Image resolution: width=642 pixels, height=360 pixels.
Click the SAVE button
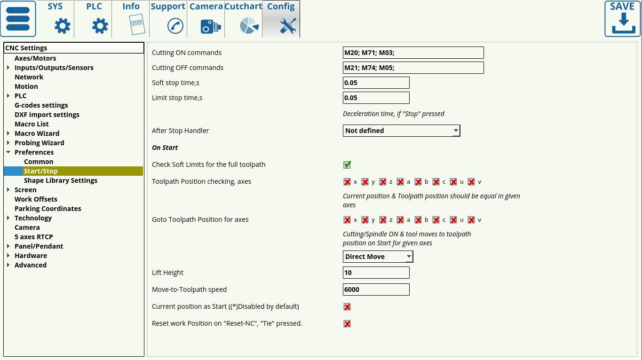point(622,19)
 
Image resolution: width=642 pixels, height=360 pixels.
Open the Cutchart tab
point(243,19)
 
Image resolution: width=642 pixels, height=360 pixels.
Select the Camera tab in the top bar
point(206,19)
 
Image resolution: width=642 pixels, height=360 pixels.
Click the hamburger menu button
point(18,19)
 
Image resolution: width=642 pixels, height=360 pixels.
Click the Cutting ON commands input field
point(413,53)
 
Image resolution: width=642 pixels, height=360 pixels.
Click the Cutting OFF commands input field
point(413,68)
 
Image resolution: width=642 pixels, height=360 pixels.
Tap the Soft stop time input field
point(376,83)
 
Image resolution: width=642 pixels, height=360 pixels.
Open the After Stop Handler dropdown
point(401,131)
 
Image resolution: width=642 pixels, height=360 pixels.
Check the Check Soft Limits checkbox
point(347,164)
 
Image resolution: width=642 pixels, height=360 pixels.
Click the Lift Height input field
point(376,273)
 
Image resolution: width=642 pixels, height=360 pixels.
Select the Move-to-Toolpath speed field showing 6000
point(376,290)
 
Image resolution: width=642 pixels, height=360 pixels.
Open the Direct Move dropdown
point(378,257)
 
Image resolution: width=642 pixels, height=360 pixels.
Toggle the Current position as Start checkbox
point(347,307)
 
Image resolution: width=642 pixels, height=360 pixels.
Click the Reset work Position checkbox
point(347,324)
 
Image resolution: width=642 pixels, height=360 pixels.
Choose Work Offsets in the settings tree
point(36,199)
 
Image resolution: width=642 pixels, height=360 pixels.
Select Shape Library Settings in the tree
point(61,180)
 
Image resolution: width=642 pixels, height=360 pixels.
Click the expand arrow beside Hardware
point(8,256)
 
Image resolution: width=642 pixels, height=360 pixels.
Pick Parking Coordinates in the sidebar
point(48,209)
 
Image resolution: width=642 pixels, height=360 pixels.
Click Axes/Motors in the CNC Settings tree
point(35,58)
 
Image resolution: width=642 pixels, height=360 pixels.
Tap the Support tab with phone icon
point(168,19)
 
